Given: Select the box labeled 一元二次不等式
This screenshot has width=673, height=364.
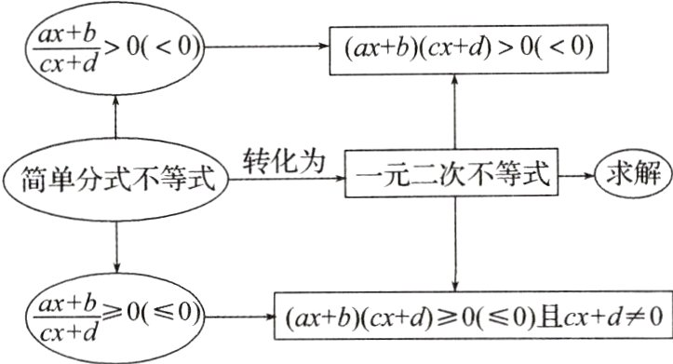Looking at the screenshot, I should pos(454,174).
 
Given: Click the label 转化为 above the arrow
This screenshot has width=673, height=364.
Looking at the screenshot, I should pos(284,159).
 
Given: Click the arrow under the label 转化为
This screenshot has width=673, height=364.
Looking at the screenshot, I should pos(289,176).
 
